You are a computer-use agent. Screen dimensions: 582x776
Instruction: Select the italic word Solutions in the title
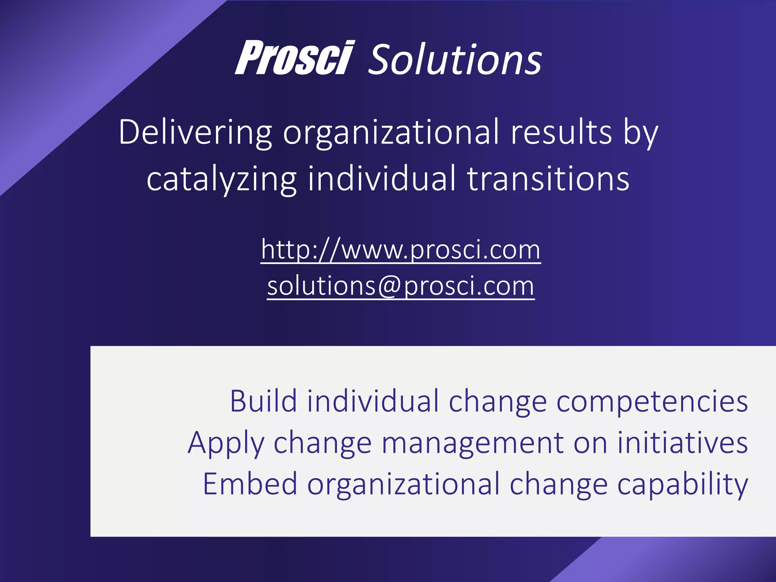pyautogui.click(x=455, y=59)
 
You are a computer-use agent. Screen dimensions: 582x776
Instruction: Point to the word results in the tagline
pyautogui.click(x=561, y=133)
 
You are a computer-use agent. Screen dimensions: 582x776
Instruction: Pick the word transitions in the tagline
pyautogui.click(x=548, y=178)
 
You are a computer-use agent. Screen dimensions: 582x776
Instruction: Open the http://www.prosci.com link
pyautogui.click(x=401, y=250)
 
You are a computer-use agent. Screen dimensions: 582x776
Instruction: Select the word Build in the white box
pyautogui.click(x=263, y=401)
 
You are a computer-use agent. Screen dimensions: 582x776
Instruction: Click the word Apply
pyautogui.click(x=226, y=443)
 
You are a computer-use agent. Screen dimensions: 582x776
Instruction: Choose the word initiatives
pyautogui.click(x=683, y=443)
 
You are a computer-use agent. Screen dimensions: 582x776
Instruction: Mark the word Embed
pyautogui.click(x=250, y=484)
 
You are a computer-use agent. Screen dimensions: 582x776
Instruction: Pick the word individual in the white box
pyautogui.click(x=373, y=401)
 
